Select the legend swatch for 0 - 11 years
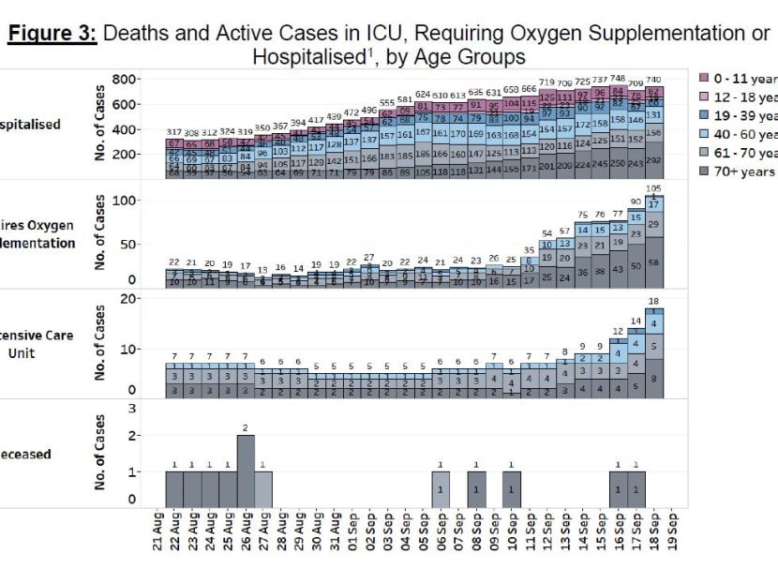tap(704, 77)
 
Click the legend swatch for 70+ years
tap(704, 172)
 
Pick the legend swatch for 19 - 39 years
tap(704, 115)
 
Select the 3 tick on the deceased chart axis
tap(132, 409)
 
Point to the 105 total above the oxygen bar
tap(654, 189)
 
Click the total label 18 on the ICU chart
tap(654, 301)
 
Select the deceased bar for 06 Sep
tap(441, 488)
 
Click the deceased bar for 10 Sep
tap(512, 488)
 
